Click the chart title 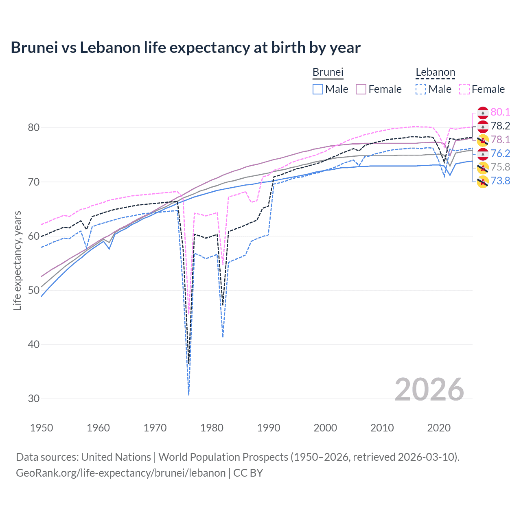tap(186, 48)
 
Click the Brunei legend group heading tap(328, 72)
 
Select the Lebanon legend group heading tap(435, 72)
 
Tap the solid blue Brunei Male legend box tap(318, 89)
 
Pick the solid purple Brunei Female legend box tap(361, 89)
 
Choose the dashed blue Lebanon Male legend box tap(421, 89)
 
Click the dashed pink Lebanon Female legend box tap(464, 89)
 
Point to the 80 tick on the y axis tap(34, 127)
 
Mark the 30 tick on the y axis tap(34, 398)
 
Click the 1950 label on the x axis tap(42, 428)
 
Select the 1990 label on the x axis tap(269, 428)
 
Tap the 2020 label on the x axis tap(439, 428)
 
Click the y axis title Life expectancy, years tap(18, 260)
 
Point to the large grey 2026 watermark tap(429, 390)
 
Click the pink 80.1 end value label tap(500, 112)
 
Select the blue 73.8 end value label tap(500, 181)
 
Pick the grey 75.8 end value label tap(500, 167)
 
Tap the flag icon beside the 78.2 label tap(482, 126)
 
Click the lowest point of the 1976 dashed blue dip tap(189, 394)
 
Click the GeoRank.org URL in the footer tap(120, 473)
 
